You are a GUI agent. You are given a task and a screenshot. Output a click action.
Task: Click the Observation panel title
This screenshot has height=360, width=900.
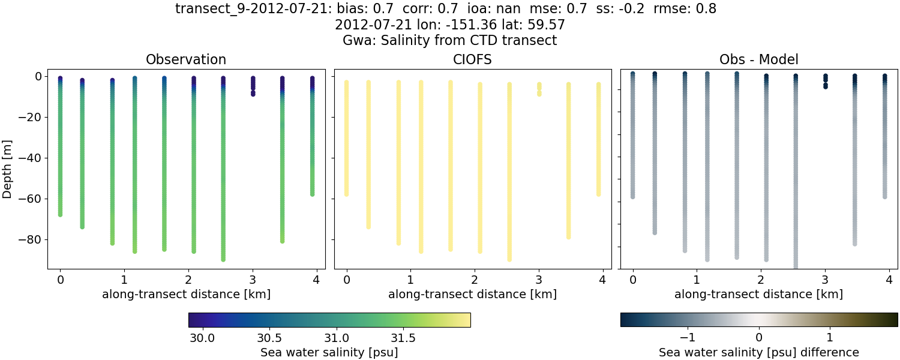(186, 59)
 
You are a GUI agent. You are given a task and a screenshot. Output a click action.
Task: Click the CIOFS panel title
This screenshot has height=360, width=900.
(472, 59)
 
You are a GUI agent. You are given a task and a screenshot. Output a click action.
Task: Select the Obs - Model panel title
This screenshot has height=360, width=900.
(758, 59)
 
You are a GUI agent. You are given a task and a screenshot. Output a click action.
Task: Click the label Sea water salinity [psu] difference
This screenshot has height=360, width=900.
(758, 352)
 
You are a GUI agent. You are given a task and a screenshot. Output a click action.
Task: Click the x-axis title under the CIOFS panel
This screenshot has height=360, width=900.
(472, 294)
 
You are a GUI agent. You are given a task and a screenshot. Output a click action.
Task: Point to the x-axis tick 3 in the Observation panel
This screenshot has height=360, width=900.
(253, 280)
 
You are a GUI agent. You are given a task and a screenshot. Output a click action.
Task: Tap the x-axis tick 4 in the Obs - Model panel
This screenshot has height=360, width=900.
(889, 280)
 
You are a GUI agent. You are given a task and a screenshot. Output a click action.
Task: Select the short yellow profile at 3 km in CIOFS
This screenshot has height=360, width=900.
(539, 89)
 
